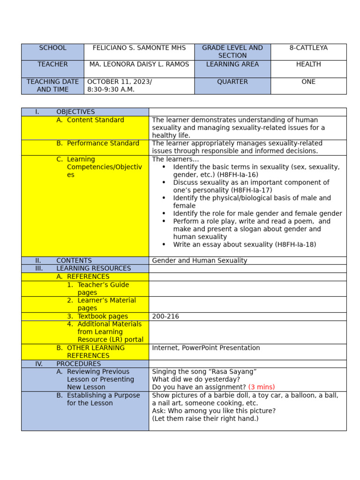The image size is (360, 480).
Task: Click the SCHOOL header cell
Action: click(52, 48)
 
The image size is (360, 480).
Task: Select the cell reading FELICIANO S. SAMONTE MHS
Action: click(139, 48)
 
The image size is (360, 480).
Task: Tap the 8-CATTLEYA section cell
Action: click(308, 48)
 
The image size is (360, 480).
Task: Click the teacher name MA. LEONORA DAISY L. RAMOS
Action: click(139, 64)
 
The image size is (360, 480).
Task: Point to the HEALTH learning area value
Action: click(308, 64)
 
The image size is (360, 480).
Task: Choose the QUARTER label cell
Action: click(232, 82)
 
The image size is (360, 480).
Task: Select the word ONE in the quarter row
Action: click(308, 82)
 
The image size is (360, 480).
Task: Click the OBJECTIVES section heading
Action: click(75, 112)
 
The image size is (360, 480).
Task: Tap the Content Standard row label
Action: click(96, 120)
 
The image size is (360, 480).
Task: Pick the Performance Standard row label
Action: click(103, 143)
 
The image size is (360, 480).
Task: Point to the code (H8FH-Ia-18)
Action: click(296, 245)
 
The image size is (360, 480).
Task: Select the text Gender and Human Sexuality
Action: click(200, 261)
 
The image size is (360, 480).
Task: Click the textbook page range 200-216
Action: click(165, 316)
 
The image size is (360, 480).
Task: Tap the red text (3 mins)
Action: click(262, 387)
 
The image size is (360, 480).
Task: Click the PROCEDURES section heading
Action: click(78, 364)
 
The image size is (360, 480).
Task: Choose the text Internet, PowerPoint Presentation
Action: click(206, 348)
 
